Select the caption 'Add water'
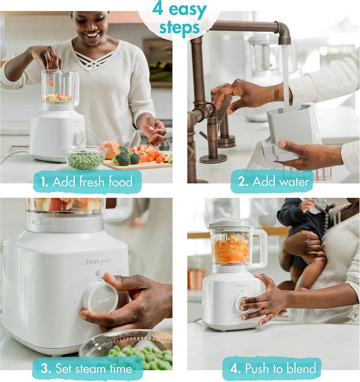pyautogui.click(x=272, y=181)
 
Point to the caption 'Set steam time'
pyautogui.click(x=87, y=368)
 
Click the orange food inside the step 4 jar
pyautogui.click(x=231, y=252)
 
